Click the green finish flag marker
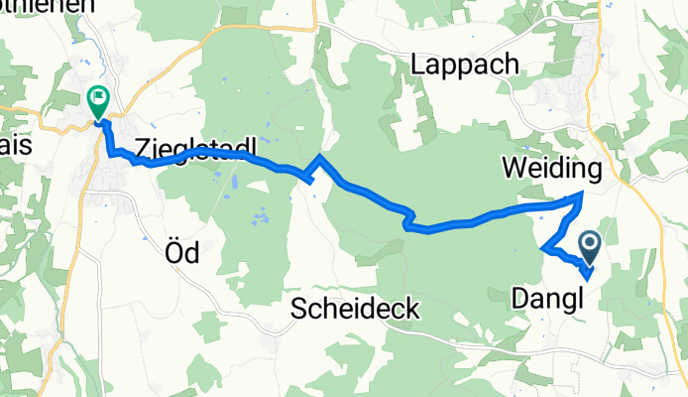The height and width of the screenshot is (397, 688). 98,100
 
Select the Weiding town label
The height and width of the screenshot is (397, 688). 552,169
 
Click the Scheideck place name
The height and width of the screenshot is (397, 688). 356,309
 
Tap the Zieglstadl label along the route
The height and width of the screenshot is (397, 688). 195,148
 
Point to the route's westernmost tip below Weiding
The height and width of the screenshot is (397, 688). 543,247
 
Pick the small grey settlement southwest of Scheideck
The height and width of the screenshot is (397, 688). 270,343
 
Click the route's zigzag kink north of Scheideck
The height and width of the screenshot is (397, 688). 406,219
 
